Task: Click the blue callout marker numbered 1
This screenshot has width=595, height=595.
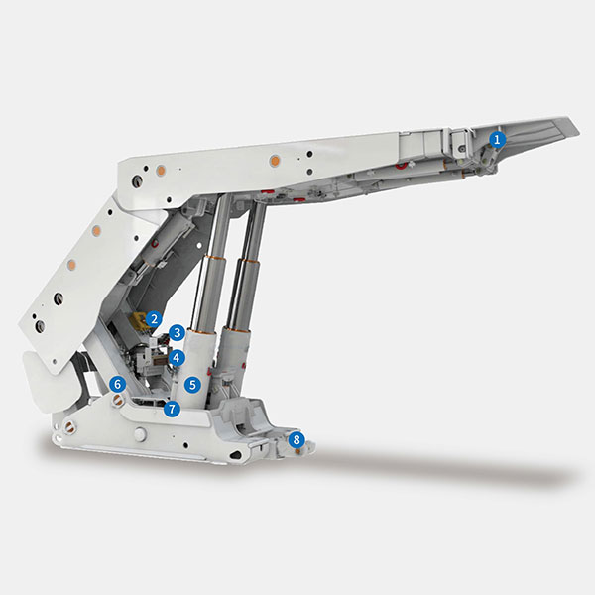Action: click(497, 139)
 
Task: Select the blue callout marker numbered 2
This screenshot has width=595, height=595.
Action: click(154, 319)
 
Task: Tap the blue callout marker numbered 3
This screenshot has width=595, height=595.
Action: click(177, 333)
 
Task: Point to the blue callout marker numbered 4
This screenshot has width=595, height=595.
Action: click(177, 357)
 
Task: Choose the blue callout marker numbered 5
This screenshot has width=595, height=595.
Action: click(192, 385)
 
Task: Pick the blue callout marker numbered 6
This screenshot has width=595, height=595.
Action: click(118, 385)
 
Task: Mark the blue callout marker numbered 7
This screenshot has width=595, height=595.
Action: click(172, 409)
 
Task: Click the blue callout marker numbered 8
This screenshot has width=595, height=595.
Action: click(297, 440)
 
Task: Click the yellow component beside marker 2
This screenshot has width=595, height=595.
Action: click(137, 320)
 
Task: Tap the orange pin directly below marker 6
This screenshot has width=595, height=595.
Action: click(118, 399)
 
